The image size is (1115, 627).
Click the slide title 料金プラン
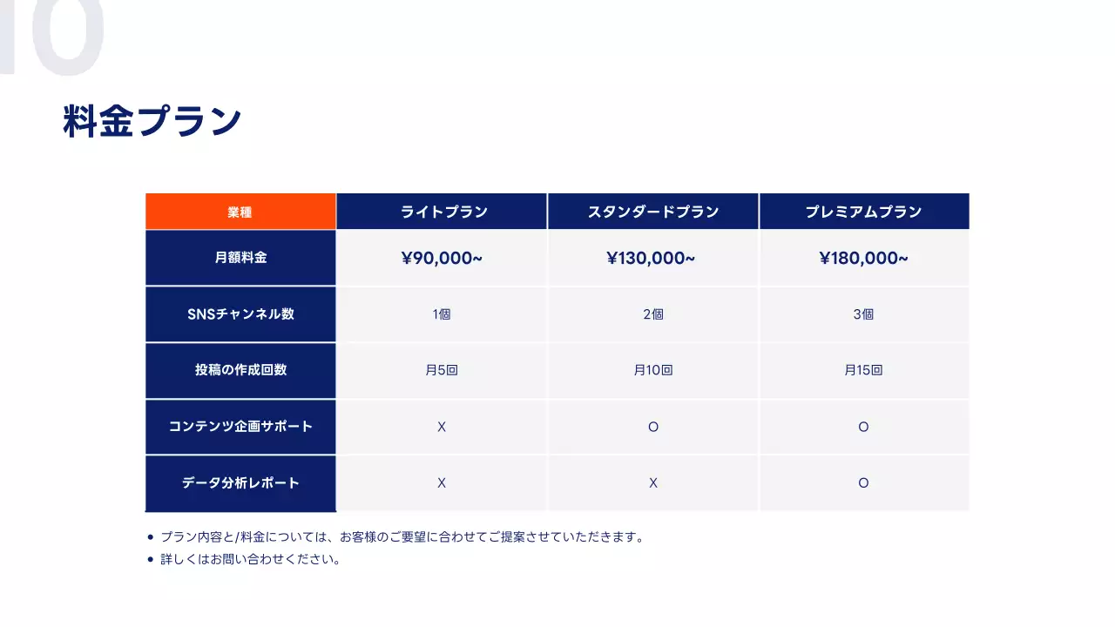152,122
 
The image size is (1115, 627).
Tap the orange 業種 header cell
240,212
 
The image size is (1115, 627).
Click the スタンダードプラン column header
653,212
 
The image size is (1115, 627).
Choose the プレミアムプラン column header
863,212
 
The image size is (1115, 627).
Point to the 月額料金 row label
240,258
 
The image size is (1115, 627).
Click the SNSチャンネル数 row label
240,314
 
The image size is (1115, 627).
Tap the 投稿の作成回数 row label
240,370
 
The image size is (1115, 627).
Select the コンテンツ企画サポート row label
240,427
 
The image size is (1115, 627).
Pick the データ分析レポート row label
240,482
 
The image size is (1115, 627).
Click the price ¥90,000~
442,258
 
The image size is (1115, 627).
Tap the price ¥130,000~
651,258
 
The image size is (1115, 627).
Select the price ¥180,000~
863,258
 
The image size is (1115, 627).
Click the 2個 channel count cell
653,314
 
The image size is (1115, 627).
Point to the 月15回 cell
863,370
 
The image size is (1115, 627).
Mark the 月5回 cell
442,370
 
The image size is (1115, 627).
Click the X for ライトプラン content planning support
442,427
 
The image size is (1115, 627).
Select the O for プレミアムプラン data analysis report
863,482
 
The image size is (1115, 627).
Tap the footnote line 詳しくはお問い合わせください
250,559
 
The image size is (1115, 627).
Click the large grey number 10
52,35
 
